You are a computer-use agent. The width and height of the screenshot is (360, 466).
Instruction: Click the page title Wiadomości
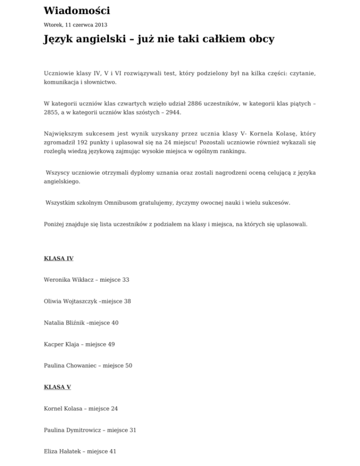coord(76,11)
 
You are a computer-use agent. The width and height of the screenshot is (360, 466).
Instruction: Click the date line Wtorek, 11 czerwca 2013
coord(71,24)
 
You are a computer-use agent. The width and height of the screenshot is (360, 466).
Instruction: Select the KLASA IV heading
coord(59,258)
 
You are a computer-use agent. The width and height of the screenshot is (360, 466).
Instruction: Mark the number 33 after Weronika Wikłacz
coord(125,280)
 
